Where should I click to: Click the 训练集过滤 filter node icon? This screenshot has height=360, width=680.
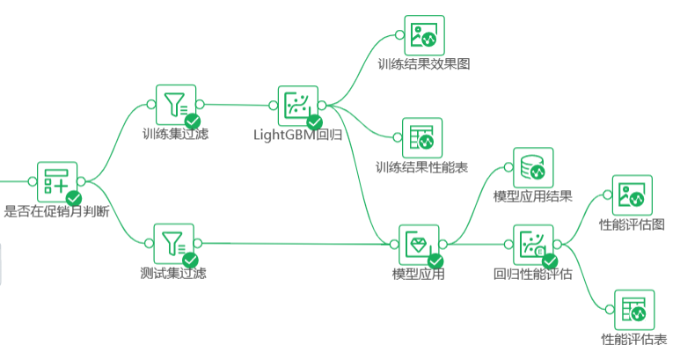(x=175, y=105)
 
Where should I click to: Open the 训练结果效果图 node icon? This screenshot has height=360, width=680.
(x=424, y=35)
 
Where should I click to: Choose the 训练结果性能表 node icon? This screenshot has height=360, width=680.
(x=422, y=138)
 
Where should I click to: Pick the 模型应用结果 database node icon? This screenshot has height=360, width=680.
(x=533, y=167)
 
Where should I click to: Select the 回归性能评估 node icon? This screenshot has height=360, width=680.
(x=533, y=244)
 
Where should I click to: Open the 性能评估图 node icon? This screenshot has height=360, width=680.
(x=631, y=194)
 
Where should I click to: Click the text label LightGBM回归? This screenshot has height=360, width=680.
(x=298, y=135)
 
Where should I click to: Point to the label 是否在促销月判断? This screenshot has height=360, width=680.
(x=56, y=211)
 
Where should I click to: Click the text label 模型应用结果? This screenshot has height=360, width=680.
(x=533, y=196)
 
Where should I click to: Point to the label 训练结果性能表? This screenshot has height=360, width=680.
(x=421, y=167)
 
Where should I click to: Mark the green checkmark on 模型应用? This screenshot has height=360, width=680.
(x=435, y=261)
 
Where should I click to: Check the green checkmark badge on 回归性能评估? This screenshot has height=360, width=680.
(x=550, y=261)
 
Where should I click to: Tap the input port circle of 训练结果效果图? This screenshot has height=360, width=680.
(x=398, y=35)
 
